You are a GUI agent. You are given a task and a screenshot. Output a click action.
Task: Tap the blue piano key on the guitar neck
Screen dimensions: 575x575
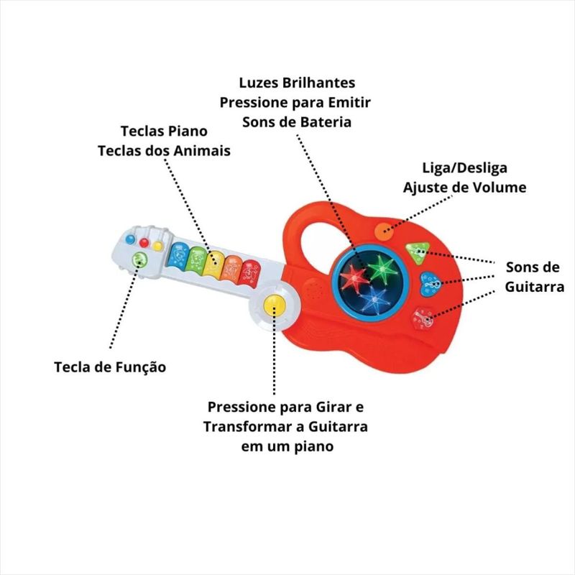coord(177,255)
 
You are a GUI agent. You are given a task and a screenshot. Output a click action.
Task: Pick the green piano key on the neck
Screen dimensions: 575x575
coord(195,259)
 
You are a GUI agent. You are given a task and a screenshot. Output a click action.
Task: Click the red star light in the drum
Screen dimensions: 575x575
coord(354,277)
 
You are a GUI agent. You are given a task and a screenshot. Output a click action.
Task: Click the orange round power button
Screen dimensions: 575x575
coord(384,231)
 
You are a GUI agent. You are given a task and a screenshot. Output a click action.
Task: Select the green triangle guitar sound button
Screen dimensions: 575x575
coord(415,252)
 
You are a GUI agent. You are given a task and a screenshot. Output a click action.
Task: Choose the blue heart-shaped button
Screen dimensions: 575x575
coord(430,282)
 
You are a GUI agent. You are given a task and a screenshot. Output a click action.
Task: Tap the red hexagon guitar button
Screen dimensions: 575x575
coord(424,318)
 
